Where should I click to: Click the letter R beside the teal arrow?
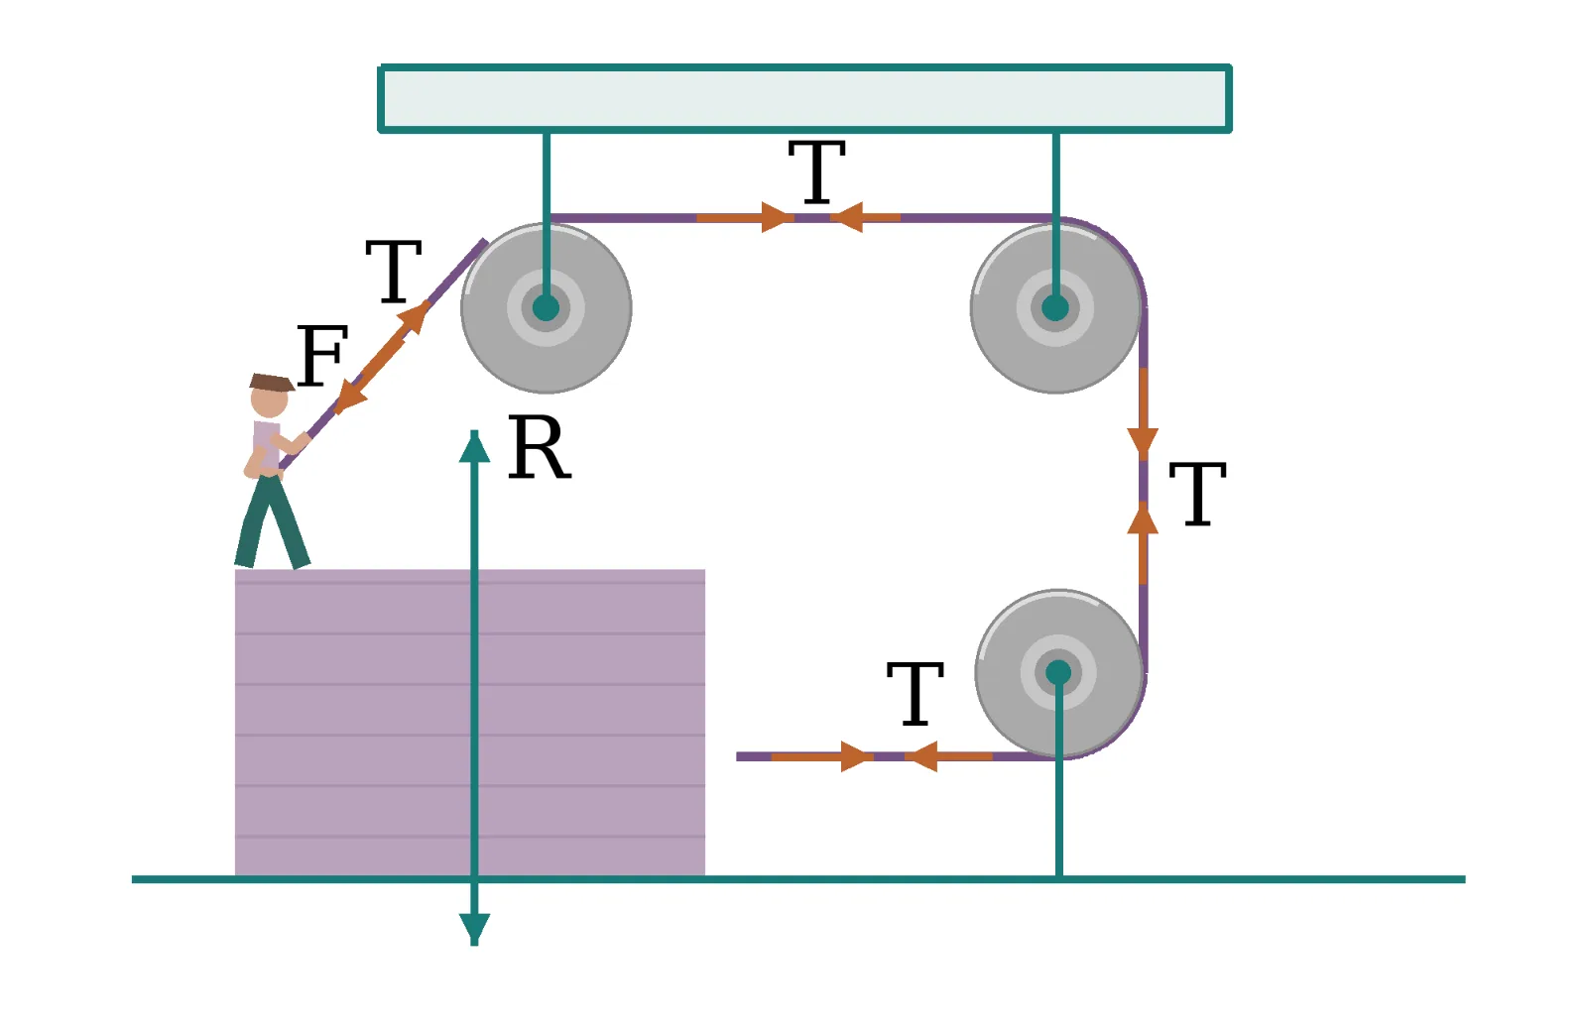540,447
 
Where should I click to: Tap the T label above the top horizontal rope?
817,172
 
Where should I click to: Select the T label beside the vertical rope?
1197,495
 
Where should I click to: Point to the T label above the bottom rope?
916,694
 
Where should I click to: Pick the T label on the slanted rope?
394,272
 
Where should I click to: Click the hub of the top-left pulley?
546,308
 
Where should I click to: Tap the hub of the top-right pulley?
1055,308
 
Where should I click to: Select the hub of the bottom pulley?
1058,673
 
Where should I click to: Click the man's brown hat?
272,383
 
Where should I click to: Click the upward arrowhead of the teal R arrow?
475,446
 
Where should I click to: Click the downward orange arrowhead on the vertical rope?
1143,443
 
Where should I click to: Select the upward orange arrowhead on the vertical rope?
1143,517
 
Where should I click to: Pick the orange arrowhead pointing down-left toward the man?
347,398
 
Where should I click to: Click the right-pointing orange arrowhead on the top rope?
778,217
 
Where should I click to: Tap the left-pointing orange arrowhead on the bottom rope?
921,756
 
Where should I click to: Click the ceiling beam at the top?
804,98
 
